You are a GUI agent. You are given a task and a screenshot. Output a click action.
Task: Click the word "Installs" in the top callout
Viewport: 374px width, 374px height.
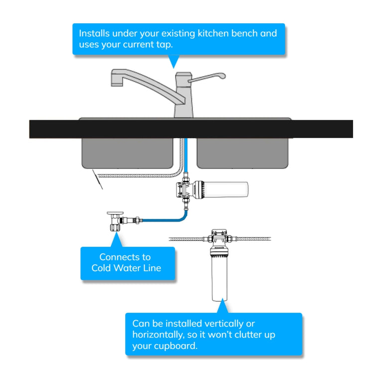coord(95,34)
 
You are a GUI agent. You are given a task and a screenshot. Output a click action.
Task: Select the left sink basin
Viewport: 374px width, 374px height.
coord(127,153)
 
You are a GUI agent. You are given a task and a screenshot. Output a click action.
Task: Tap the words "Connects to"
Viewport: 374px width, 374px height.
coord(125,257)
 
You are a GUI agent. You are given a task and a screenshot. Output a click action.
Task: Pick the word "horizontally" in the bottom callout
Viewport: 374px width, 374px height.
coord(158,335)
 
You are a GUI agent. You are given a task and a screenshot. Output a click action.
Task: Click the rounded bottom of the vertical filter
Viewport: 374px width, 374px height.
coord(220,298)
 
